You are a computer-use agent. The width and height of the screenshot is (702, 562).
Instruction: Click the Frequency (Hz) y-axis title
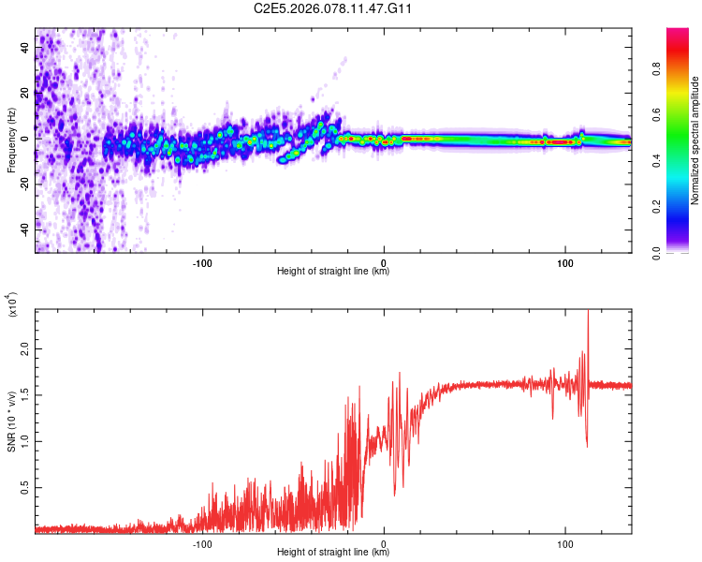pos(11,140)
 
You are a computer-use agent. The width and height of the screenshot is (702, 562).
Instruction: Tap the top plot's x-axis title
pos(333,272)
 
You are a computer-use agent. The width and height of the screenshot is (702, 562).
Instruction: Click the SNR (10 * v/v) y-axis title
pos(11,421)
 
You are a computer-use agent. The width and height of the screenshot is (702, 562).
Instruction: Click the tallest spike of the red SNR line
pos(588,312)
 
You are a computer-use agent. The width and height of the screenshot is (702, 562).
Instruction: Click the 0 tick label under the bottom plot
pos(384,542)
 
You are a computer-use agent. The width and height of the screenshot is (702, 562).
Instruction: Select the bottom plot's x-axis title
pos(333,553)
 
